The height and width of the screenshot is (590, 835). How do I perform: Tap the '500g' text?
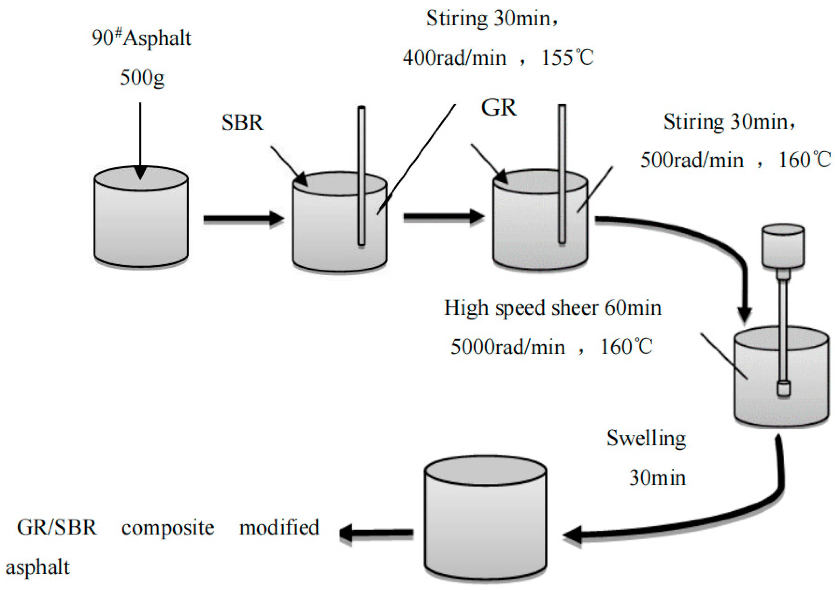[142, 77]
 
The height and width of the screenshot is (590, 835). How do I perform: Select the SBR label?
[242, 123]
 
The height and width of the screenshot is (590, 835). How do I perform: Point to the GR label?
[499, 108]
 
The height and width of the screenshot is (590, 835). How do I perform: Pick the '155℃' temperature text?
[567, 57]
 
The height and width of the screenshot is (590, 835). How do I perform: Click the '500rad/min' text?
[692, 160]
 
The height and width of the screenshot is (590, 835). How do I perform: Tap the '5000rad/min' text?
[508, 347]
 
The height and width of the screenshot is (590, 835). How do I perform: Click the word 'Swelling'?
[646, 439]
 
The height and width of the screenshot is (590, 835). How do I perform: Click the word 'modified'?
[279, 527]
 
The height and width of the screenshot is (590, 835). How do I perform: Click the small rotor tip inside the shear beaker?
[784, 388]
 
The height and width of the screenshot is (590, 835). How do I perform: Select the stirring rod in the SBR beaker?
[361, 176]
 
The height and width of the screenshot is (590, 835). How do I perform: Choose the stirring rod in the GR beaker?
[562, 174]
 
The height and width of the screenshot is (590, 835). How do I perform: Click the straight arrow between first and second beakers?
[243, 219]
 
